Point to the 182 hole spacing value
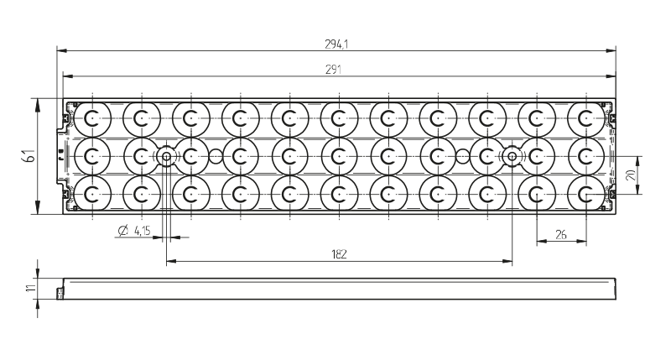tap(340, 253)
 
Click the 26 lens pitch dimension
tap(560, 236)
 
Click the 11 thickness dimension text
tap(30, 288)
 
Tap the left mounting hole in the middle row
tap(166, 156)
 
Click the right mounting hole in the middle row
tap(512, 156)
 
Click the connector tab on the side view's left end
tap(60, 292)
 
